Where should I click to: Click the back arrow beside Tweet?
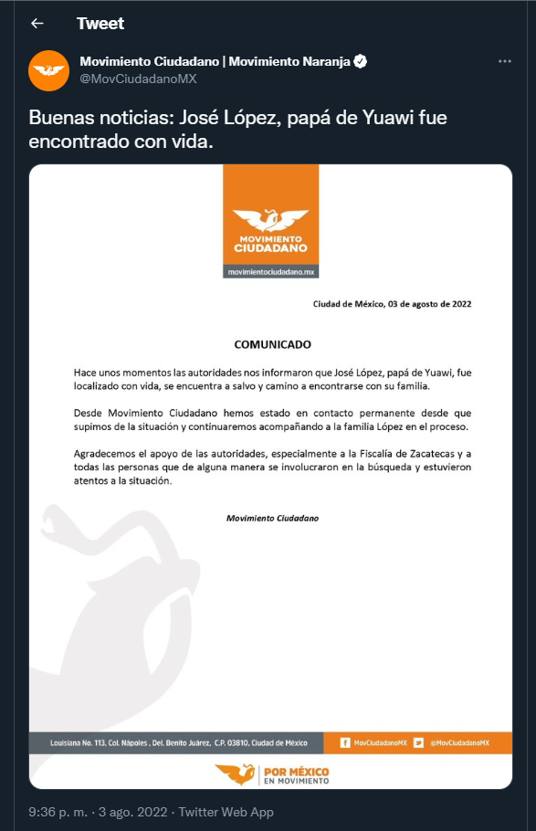(x=37, y=24)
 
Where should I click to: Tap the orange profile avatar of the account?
(x=49, y=70)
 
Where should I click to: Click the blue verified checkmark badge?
(x=362, y=62)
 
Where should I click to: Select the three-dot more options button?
(x=505, y=61)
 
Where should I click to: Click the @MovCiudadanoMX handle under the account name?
(x=138, y=79)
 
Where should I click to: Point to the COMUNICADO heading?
(x=272, y=345)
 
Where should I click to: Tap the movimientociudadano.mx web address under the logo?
(x=271, y=272)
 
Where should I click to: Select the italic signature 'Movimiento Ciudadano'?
(x=272, y=519)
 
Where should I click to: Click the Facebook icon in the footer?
(x=344, y=742)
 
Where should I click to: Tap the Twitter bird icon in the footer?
(x=418, y=742)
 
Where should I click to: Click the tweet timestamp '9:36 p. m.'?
(x=57, y=812)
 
